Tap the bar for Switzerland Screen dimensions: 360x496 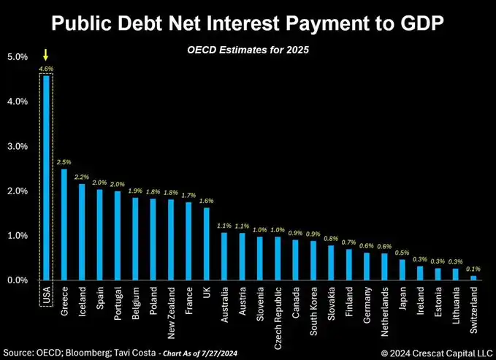pyautogui.click(x=473, y=277)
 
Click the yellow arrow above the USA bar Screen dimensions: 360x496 pyautogui.click(x=46, y=54)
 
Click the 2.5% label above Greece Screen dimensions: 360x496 pyautogui.click(x=64, y=161)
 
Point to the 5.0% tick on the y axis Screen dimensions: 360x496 pyautogui.click(x=17, y=56)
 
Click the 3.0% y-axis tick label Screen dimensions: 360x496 pyautogui.click(x=17, y=146)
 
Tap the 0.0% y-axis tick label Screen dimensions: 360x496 pyautogui.click(x=17, y=280)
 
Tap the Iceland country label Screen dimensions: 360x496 pyautogui.click(x=82, y=302)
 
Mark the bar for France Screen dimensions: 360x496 pyautogui.click(x=188, y=241)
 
